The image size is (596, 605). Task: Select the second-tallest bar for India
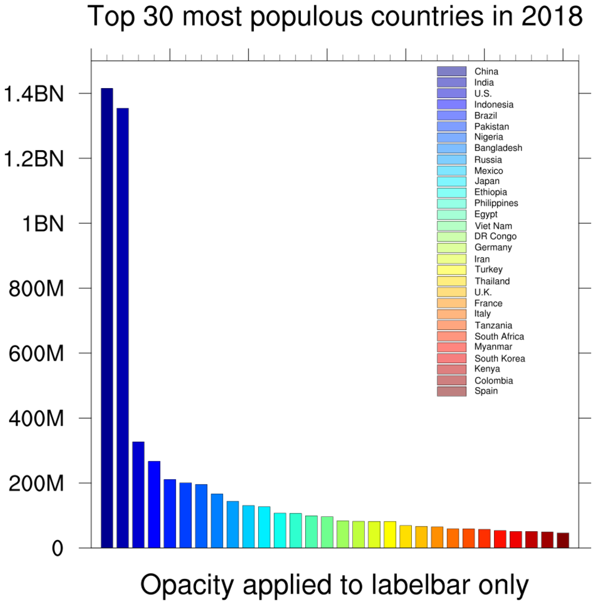pyautogui.click(x=123, y=328)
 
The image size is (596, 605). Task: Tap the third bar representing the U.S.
pyautogui.click(x=138, y=494)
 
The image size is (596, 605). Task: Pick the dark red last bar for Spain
pyautogui.click(x=563, y=540)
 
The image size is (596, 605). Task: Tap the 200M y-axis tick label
pyautogui.click(x=36, y=484)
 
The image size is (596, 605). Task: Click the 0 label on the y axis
pyautogui.click(x=57, y=548)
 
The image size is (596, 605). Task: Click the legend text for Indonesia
pyautogui.click(x=493, y=105)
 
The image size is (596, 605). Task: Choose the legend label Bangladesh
pyautogui.click(x=498, y=148)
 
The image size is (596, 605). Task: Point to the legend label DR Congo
pyautogui.click(x=495, y=236)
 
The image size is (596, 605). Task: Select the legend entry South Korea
pyautogui.click(x=499, y=358)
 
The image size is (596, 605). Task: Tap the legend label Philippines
pyautogui.click(x=496, y=203)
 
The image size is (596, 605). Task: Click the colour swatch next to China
pyautogui.click(x=451, y=71)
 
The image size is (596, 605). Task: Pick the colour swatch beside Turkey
pyautogui.click(x=451, y=270)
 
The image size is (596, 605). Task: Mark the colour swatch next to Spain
pyautogui.click(x=451, y=391)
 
